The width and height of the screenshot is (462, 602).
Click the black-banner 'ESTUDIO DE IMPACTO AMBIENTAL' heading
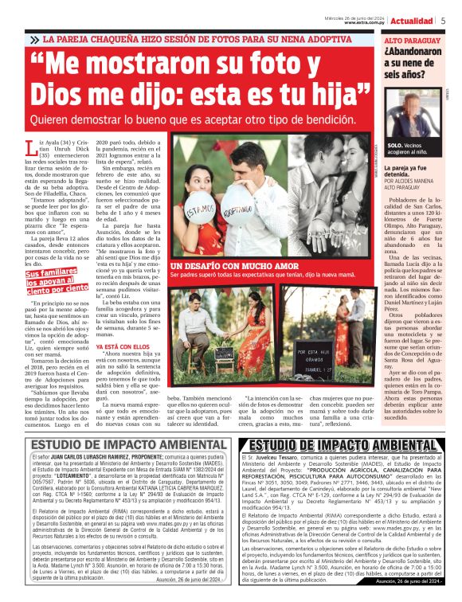click(x=346, y=445)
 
